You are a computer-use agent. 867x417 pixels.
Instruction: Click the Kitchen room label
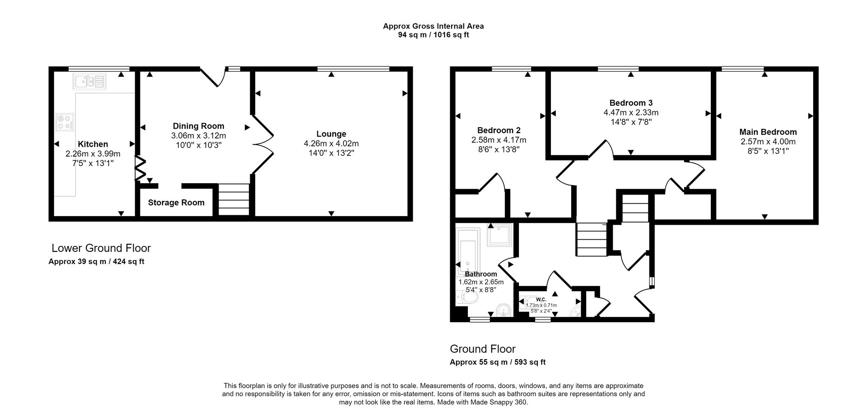(x=93, y=144)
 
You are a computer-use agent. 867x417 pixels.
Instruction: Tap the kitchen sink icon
(x=89, y=82)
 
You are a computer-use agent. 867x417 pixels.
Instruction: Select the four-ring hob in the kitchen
(x=65, y=122)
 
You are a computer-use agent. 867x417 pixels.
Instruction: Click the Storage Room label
(x=176, y=203)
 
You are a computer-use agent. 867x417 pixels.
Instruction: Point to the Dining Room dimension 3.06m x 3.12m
(x=198, y=135)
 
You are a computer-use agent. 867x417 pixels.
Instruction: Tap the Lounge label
(x=331, y=134)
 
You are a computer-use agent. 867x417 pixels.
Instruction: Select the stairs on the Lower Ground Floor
(x=233, y=199)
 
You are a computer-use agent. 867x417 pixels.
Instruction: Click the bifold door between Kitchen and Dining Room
(x=140, y=168)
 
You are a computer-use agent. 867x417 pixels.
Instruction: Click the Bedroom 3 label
(x=630, y=103)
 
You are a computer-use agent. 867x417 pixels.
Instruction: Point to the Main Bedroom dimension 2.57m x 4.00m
(x=768, y=142)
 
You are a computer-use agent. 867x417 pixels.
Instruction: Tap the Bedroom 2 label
(x=499, y=130)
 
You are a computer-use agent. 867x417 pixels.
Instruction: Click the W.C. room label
(x=541, y=300)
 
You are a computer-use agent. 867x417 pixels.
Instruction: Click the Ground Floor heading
(x=482, y=349)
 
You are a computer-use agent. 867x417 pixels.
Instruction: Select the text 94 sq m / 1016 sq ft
(x=433, y=35)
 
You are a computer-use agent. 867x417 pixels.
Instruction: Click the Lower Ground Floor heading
(x=101, y=248)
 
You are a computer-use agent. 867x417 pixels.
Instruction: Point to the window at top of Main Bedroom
(x=742, y=69)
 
